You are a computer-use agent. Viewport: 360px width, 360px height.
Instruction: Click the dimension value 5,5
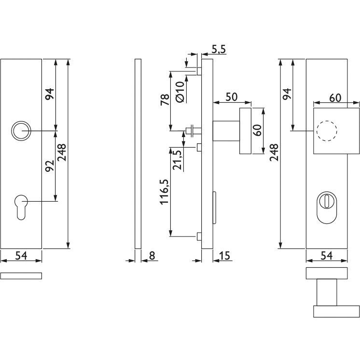pos(218,49)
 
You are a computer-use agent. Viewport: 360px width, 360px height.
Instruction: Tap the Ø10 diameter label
pos(180,92)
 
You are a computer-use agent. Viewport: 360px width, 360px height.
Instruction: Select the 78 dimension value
pos(165,99)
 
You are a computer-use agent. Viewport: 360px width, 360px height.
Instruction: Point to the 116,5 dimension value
pos(165,192)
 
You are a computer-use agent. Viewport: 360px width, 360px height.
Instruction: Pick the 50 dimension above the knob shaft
pos(232,97)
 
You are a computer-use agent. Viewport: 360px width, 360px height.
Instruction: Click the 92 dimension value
pos(50,166)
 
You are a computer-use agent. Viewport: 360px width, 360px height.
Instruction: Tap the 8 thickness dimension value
pos(152,256)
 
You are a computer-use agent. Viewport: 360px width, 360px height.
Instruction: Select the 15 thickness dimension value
pos(224,256)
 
